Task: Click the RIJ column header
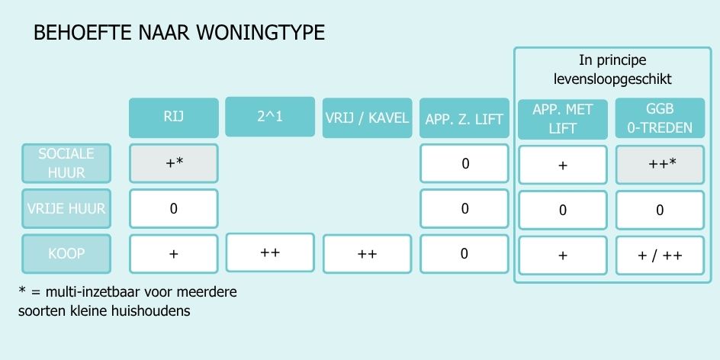pyautogui.click(x=174, y=117)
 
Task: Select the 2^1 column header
pyautogui.click(x=270, y=117)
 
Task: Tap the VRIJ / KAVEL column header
pyautogui.click(x=368, y=117)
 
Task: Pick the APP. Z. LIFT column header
pyautogui.click(x=464, y=117)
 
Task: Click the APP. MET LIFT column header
pyautogui.click(x=563, y=119)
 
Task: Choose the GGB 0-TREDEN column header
pyautogui.click(x=660, y=118)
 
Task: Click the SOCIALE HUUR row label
pyautogui.click(x=66, y=163)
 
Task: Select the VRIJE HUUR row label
pyautogui.click(x=66, y=208)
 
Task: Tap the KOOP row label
pyautogui.click(x=66, y=254)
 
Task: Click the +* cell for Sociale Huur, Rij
pyautogui.click(x=174, y=163)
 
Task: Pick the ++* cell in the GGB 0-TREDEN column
pyautogui.click(x=660, y=165)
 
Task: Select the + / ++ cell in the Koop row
pyautogui.click(x=660, y=256)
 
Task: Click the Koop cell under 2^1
pyautogui.click(x=270, y=252)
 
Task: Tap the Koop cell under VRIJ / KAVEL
pyautogui.click(x=368, y=254)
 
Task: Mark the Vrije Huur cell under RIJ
pyautogui.click(x=174, y=208)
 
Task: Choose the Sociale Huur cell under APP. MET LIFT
pyautogui.click(x=563, y=165)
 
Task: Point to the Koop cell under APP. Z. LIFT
pyautogui.click(x=464, y=254)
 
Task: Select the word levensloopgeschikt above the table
pyautogui.click(x=612, y=79)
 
